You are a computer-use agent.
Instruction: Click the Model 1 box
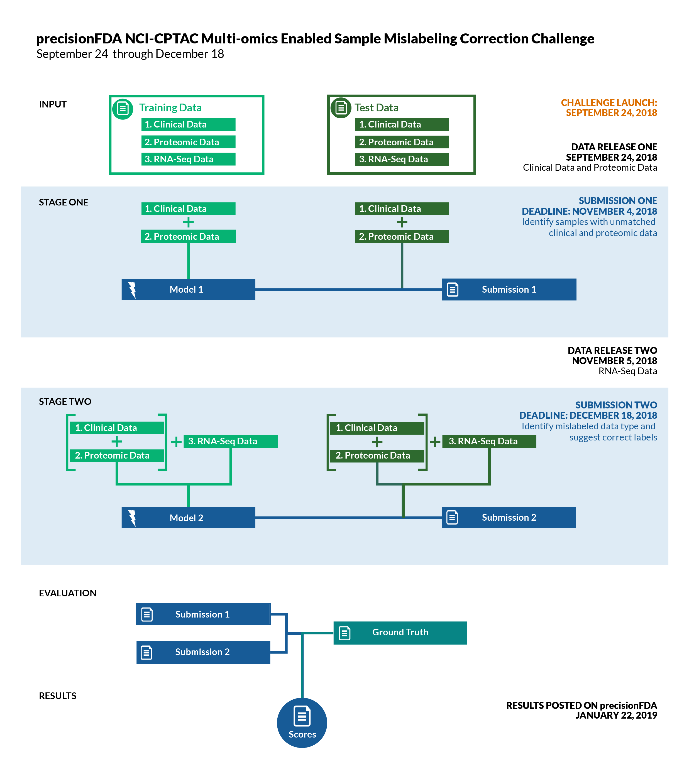click(x=188, y=289)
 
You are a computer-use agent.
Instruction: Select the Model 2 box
click(x=188, y=518)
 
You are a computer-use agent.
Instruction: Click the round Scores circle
click(x=302, y=722)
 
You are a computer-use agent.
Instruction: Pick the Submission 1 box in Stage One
click(x=509, y=289)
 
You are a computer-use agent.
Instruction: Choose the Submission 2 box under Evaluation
click(x=203, y=652)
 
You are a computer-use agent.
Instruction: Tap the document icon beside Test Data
click(x=341, y=108)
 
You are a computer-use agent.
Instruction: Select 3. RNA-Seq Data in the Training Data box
click(x=188, y=159)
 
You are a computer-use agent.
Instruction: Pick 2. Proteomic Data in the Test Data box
click(x=402, y=142)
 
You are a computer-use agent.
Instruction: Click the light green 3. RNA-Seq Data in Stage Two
click(x=230, y=441)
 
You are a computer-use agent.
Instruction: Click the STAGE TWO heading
click(x=65, y=401)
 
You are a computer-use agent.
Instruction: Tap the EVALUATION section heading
click(x=67, y=593)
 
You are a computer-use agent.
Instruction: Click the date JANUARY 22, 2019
click(x=616, y=715)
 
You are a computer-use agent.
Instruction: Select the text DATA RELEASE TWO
click(x=612, y=350)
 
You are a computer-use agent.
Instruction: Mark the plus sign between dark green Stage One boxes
click(x=402, y=222)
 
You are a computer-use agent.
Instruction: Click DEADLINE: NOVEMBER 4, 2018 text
click(x=589, y=211)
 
